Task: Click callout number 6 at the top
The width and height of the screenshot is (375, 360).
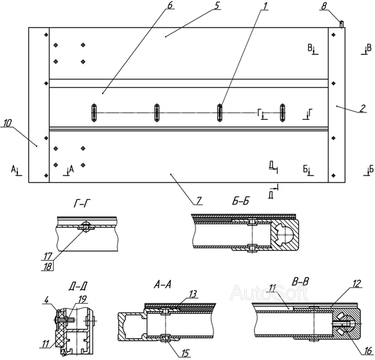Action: (170, 5)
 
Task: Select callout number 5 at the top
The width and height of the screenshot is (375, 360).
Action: (217, 5)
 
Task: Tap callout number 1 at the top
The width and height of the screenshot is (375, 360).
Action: (264, 6)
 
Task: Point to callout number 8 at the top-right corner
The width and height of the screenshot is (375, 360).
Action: (323, 6)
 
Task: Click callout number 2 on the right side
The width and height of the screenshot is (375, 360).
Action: (362, 109)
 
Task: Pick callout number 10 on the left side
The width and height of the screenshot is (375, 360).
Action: (7, 123)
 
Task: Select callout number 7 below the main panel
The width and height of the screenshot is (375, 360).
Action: (199, 201)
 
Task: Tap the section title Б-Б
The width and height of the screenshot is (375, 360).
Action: (241, 201)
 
